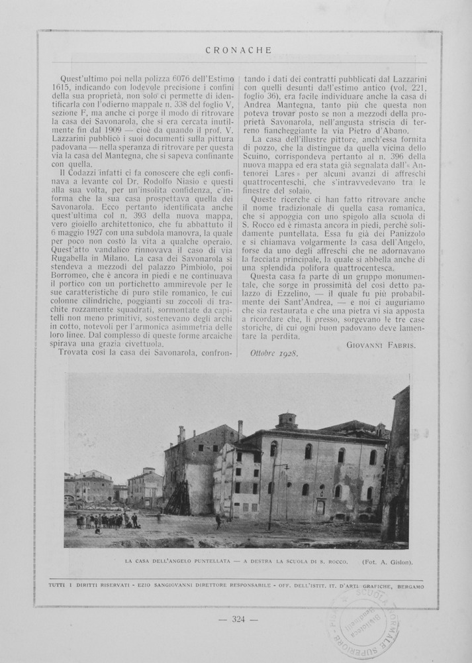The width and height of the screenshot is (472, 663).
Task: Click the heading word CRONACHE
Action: coord(238,50)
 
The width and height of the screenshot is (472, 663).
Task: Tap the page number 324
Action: coord(238,619)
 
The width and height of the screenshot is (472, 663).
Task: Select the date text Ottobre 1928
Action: coord(274,353)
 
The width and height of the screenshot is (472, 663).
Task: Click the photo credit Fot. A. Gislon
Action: coord(387,562)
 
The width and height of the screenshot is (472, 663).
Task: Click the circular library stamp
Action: coord(365,623)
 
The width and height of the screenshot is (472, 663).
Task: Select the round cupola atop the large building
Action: coord(287,420)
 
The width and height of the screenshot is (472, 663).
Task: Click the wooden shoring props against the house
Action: coord(177,499)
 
